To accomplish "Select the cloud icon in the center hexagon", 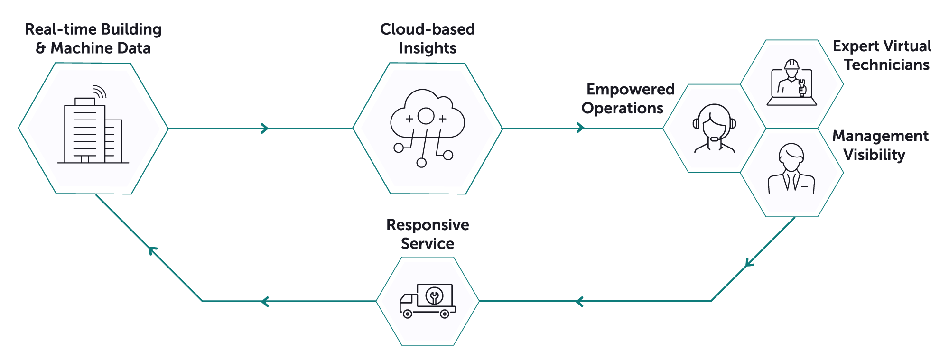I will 427,116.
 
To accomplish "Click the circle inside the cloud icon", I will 426,116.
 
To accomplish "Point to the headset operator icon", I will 714,129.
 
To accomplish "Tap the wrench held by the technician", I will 802,87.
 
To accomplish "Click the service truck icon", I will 427,301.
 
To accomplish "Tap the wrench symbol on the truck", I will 434,296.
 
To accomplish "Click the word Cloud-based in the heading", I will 427,29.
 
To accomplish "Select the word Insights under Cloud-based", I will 427,48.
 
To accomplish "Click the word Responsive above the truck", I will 427,225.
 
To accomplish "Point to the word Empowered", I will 630,89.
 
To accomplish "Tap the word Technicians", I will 886,65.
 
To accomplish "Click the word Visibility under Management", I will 874,155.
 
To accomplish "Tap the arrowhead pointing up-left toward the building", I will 152,250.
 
